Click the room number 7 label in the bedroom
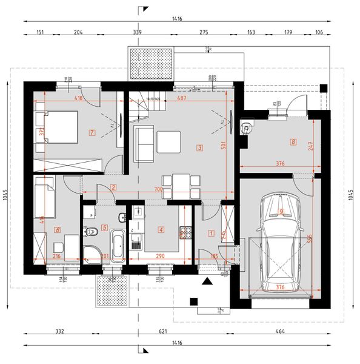click(92, 132)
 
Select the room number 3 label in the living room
click(199, 147)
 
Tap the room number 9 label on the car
click(281, 211)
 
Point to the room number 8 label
click(293, 143)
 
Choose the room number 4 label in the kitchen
click(161, 229)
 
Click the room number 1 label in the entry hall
click(211, 232)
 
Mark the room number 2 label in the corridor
click(113, 187)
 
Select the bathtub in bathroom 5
click(116, 246)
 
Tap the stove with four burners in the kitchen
click(184, 232)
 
